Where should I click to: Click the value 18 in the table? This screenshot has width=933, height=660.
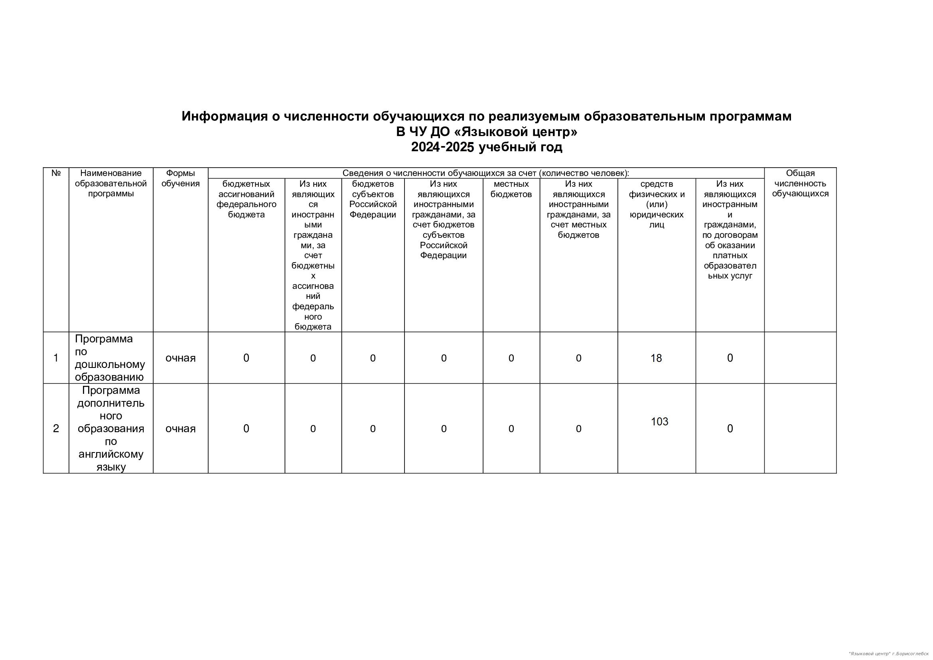tap(656, 358)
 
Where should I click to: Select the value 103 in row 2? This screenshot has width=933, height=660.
tap(659, 422)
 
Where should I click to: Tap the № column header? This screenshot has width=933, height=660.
tap(56, 173)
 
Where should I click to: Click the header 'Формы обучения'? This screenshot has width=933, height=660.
tap(180, 178)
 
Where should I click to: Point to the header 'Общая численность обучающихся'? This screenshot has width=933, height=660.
tap(800, 184)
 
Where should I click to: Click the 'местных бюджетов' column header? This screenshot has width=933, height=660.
tap(511, 189)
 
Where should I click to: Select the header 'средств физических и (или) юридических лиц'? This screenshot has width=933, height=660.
tap(657, 204)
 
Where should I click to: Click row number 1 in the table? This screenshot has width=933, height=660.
tap(56, 358)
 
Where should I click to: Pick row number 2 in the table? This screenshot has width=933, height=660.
tap(56, 429)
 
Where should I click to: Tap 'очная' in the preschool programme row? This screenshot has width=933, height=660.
tap(180, 358)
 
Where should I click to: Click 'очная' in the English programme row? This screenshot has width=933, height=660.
tap(180, 429)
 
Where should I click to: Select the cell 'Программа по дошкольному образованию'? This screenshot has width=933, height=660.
tap(110, 358)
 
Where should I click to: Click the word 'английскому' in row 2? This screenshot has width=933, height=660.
tap(111, 454)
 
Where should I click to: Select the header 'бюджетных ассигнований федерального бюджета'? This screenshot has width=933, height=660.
tap(246, 199)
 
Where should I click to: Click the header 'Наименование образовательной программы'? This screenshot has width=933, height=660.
tap(111, 184)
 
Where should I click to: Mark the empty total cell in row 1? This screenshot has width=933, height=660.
tap(800, 358)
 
